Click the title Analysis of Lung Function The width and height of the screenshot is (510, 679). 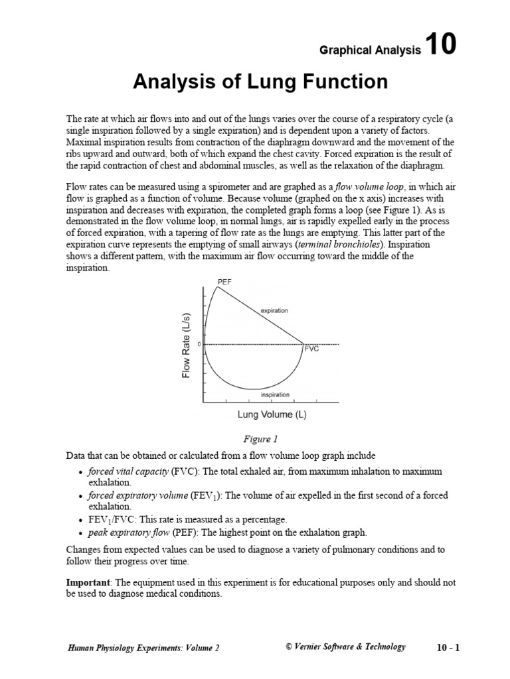point(260,82)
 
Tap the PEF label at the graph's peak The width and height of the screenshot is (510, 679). point(224,282)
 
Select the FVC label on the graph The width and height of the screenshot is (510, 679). point(312,349)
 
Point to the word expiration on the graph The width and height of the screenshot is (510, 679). point(274,310)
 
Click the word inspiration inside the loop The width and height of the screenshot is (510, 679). point(275,395)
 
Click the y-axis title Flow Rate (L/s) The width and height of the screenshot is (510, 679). point(187,345)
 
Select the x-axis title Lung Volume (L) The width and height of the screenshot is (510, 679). point(272,415)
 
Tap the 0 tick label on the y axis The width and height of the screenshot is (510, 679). point(199,344)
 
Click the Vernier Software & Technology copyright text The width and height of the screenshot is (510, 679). point(345,647)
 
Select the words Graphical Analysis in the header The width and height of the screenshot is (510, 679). point(371,50)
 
